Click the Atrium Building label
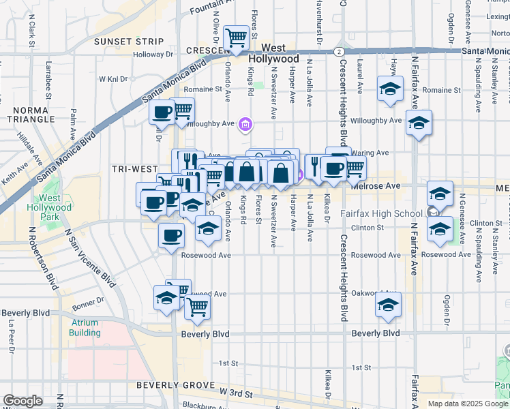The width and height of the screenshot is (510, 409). pyautogui.click(x=85, y=328)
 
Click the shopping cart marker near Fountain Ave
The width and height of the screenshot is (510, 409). pyautogui.click(x=237, y=37)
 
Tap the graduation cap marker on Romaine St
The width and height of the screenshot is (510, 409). pyautogui.click(x=391, y=89)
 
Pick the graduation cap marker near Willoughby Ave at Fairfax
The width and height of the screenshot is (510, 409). pyautogui.click(x=419, y=122)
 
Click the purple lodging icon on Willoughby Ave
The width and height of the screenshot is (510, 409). pyautogui.click(x=245, y=124)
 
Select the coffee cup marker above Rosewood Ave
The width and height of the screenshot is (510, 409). pyautogui.click(x=171, y=235)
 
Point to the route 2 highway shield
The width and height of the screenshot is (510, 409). pyautogui.click(x=338, y=52)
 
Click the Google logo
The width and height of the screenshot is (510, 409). pyautogui.click(x=22, y=401)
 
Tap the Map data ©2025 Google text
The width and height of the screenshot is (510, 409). pyautogui.click(x=468, y=404)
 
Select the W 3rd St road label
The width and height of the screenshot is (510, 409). pyautogui.click(x=237, y=394)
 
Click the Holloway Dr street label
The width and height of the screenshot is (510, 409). pyautogui.click(x=153, y=55)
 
